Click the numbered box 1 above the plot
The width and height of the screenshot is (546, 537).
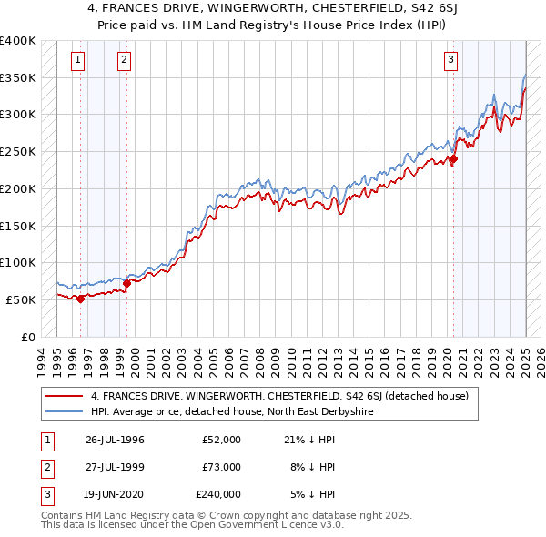[x=78, y=61]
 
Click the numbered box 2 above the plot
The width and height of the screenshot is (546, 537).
[x=124, y=61]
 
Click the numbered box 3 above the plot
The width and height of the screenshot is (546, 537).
[x=450, y=61]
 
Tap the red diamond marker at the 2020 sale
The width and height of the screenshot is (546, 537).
[x=453, y=159]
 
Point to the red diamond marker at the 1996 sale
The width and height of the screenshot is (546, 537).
[x=80, y=298]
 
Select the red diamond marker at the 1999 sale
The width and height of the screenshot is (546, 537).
[x=126, y=282]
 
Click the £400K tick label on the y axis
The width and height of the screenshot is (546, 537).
[x=17, y=41]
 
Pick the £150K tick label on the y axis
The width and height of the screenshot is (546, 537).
[x=17, y=225]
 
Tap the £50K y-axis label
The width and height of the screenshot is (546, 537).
[x=21, y=299]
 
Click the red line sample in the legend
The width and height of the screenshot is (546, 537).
[x=64, y=396]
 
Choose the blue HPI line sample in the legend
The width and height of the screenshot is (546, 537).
[x=64, y=411]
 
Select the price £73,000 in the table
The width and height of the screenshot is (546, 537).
[x=221, y=467]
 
